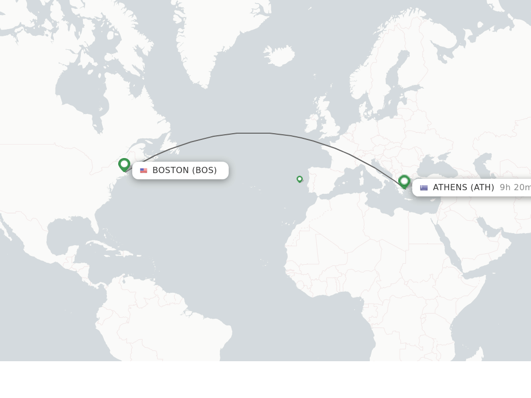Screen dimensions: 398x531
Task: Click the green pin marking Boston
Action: pos(124,164)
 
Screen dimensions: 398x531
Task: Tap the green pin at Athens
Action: pos(404,181)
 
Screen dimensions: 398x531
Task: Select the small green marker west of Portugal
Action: pos(299,179)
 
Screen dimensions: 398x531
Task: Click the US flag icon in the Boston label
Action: pos(144,170)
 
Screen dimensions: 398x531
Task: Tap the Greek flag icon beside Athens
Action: pos(424,188)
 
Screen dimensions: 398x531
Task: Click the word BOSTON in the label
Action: pos(171,170)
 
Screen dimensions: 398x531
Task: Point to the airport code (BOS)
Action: pos(204,170)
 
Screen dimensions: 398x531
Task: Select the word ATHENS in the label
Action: pos(450,188)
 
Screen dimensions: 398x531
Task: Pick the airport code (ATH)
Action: pos(482,188)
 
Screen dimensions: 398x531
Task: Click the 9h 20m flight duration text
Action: pos(514,188)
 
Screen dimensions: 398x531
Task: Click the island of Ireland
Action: pos(312,123)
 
